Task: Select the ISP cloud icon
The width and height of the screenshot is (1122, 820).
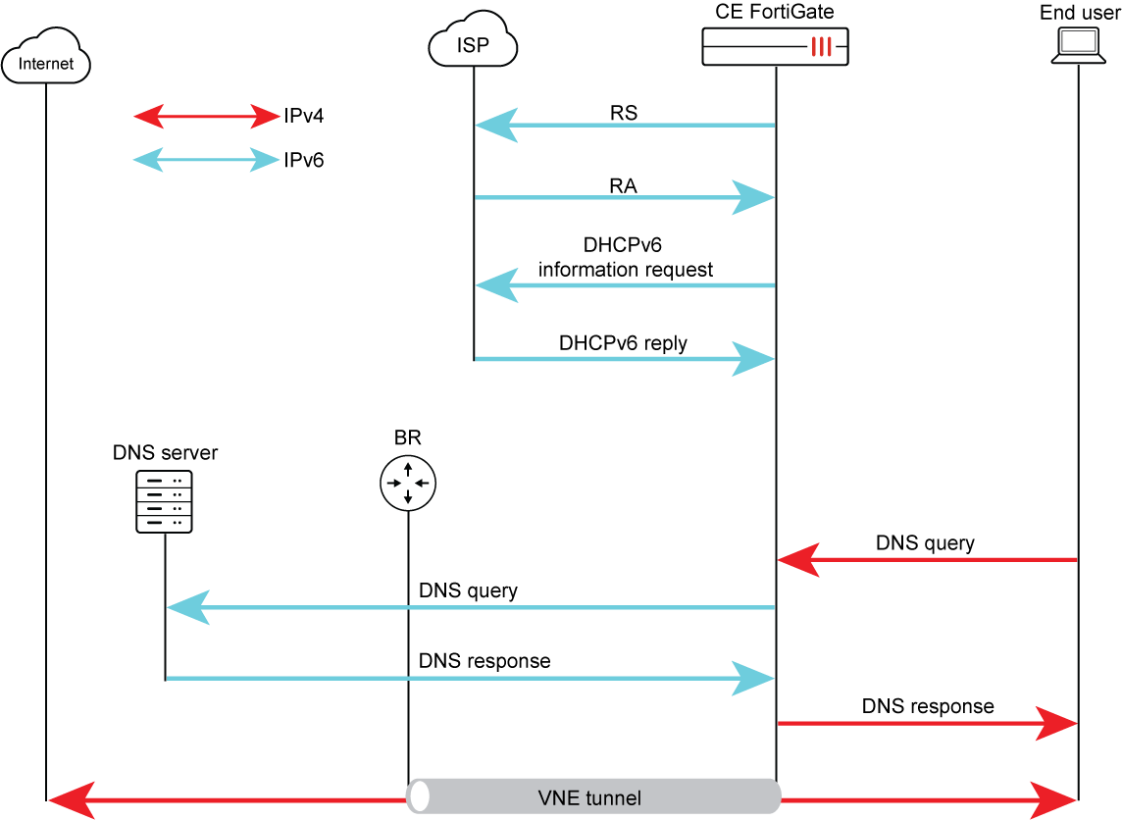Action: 473,41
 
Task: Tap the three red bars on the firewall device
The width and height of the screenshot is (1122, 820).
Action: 822,46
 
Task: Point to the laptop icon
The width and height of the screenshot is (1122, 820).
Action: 1078,45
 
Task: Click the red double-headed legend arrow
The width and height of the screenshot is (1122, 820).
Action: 207,117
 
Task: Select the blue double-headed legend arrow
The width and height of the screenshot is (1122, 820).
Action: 207,160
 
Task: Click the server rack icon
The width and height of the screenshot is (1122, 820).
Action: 164,501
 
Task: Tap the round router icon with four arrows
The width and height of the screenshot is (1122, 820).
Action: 408,484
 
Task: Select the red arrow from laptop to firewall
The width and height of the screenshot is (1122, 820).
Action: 927,560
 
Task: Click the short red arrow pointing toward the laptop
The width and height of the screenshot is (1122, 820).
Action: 927,724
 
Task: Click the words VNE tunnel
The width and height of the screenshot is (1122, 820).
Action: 589,797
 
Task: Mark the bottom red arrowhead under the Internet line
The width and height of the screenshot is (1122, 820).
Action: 71,800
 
